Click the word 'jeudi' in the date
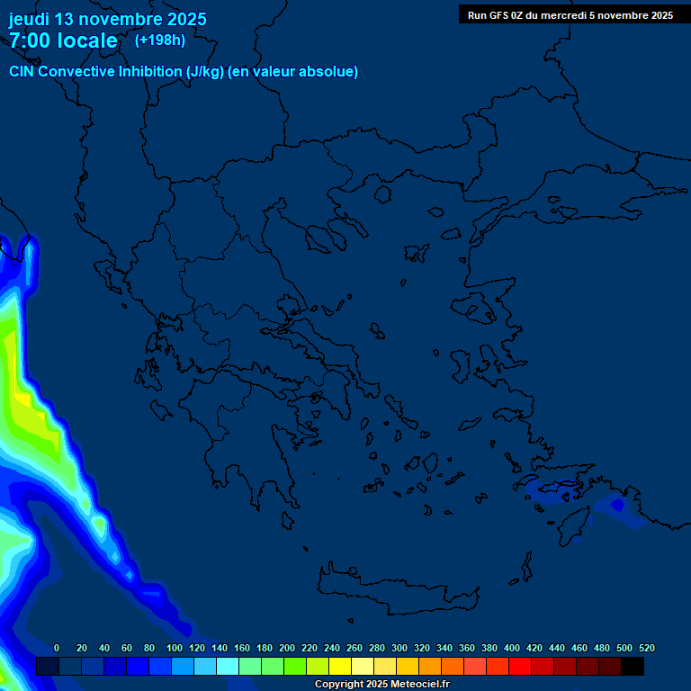pyautogui.click(x=29, y=20)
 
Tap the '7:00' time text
pyautogui.click(x=32, y=40)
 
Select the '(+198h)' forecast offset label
pyautogui.click(x=159, y=40)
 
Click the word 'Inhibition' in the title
pyautogui.click(x=149, y=72)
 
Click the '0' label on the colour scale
pyautogui.click(x=57, y=648)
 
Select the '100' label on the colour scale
pyautogui.click(x=175, y=648)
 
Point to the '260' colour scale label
pyautogui.click(x=354, y=648)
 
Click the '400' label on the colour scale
pyautogui.click(x=512, y=648)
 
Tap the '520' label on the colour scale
pyautogui.click(x=646, y=648)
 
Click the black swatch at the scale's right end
pyautogui.click(x=633, y=666)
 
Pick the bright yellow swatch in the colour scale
pyautogui.click(x=340, y=666)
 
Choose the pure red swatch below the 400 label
pyautogui.click(x=520, y=666)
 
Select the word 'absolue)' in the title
pyautogui.click(x=330, y=72)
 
